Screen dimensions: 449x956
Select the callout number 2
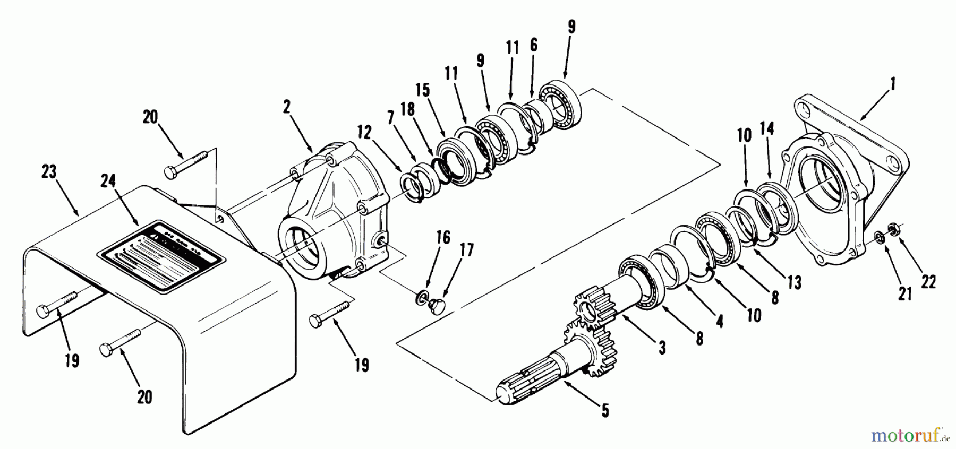click(x=287, y=108)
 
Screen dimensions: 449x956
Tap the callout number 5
click(x=605, y=410)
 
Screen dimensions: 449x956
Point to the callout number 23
click(x=49, y=174)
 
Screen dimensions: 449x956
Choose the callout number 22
click(x=928, y=282)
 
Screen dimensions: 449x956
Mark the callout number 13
click(x=795, y=282)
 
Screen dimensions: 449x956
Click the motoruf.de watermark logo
click(x=910, y=436)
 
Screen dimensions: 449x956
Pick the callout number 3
click(x=662, y=348)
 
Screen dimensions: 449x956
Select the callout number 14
click(x=766, y=129)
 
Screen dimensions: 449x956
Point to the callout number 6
click(x=533, y=45)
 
